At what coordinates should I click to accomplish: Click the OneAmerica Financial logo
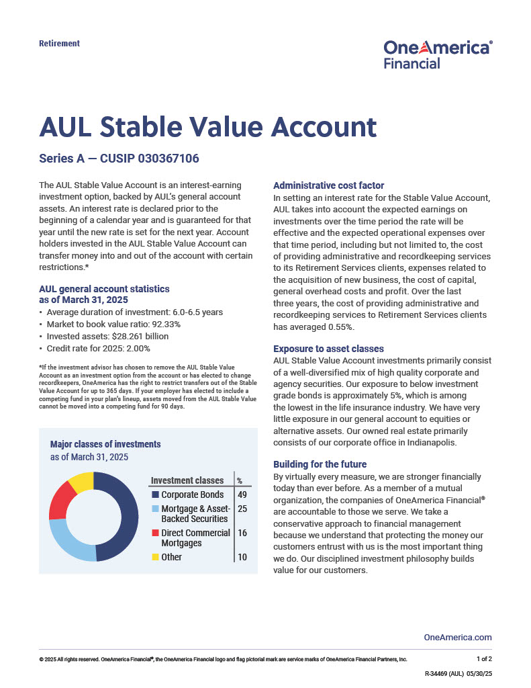pyautogui.click(x=438, y=54)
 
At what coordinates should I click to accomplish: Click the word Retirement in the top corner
pyautogui.click(x=59, y=44)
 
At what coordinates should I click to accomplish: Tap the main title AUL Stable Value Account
pyautogui.click(x=207, y=127)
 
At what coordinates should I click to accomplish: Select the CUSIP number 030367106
pyautogui.click(x=168, y=159)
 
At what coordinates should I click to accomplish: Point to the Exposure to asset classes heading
pyautogui.click(x=328, y=349)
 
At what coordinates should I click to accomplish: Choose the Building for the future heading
pyautogui.click(x=320, y=464)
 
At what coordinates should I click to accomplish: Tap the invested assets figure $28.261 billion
pyautogui.click(x=141, y=336)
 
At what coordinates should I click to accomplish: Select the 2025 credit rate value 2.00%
pyautogui.click(x=136, y=348)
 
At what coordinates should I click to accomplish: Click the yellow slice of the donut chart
pyautogui.click(x=81, y=480)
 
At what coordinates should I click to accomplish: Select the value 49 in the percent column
pyautogui.click(x=242, y=495)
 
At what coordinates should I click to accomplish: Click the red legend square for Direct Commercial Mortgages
pyautogui.click(x=155, y=533)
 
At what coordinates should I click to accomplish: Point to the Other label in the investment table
pyautogui.click(x=171, y=557)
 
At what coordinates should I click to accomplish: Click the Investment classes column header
pyautogui.click(x=187, y=480)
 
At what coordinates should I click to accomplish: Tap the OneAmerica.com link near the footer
pyautogui.click(x=458, y=637)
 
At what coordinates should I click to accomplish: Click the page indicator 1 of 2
pyautogui.click(x=484, y=659)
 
